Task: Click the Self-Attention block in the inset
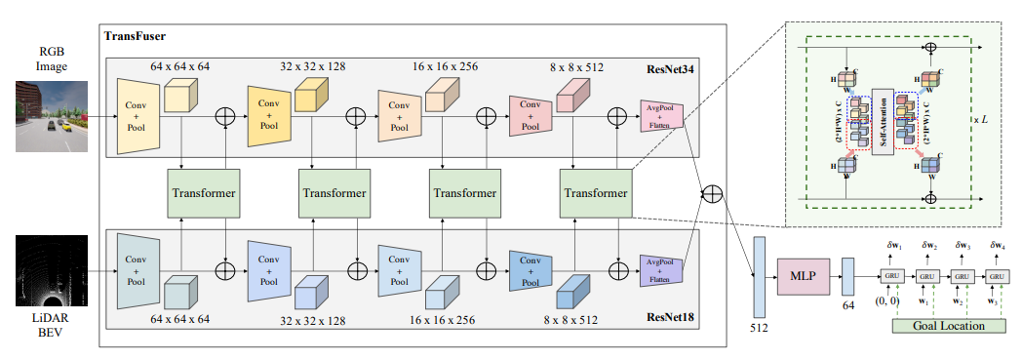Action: [883, 121]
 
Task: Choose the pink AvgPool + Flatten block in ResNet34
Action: [661, 116]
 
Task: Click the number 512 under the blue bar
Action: [759, 328]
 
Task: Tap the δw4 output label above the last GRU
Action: [999, 246]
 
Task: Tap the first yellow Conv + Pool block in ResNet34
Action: [137, 116]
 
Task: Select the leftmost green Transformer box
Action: [204, 193]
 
